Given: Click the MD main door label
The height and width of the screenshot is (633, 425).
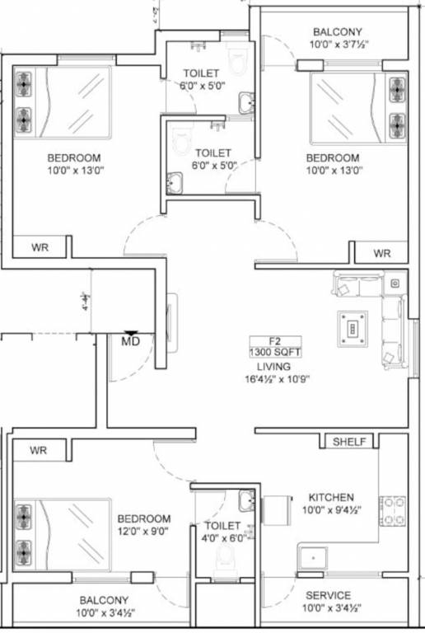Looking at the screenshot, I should [x=130, y=340].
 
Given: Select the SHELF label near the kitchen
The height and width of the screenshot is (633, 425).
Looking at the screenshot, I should [x=349, y=442].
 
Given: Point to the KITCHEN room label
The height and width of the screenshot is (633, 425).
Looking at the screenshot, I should [x=331, y=497].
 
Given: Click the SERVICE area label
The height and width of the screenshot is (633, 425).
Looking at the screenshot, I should [x=328, y=595].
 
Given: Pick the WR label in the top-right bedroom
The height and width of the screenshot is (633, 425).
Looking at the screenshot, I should [x=381, y=253].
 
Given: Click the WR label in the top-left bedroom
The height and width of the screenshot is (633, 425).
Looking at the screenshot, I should [x=40, y=247].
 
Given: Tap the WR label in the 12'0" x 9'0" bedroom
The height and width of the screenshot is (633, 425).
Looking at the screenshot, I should [x=39, y=450].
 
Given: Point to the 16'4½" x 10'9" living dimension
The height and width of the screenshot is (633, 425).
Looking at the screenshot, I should [x=277, y=380].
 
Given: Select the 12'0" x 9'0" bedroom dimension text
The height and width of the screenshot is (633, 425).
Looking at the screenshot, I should [x=143, y=532].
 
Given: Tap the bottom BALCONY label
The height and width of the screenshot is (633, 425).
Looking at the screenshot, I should [x=103, y=599].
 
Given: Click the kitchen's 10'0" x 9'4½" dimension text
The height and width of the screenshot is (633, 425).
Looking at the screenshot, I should [x=331, y=510].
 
